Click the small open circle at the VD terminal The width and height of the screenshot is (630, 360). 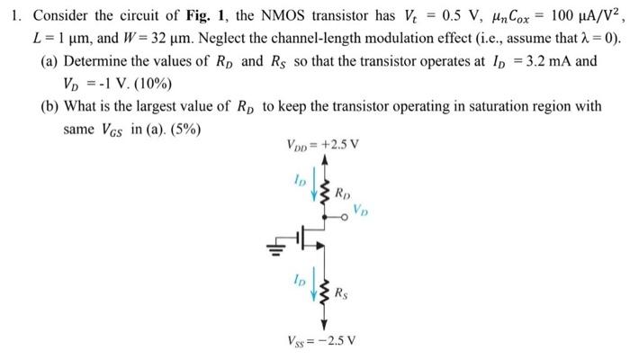(342, 217)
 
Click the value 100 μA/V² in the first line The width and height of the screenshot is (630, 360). (575, 14)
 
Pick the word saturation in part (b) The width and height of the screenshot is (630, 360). (452, 106)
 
